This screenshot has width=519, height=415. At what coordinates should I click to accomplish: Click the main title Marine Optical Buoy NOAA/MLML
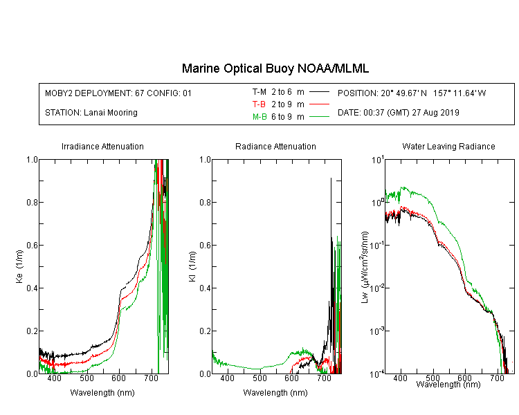pyautogui.click(x=275, y=68)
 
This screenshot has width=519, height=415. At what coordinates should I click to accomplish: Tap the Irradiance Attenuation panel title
pyautogui.click(x=102, y=146)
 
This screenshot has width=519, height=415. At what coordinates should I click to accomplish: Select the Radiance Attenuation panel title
pyautogui.click(x=275, y=146)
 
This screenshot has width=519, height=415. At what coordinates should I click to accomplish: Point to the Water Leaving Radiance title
pyautogui.click(x=448, y=146)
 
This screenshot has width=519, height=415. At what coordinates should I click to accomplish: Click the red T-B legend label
pyautogui.click(x=259, y=104)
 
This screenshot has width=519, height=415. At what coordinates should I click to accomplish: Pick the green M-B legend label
pyautogui.click(x=259, y=117)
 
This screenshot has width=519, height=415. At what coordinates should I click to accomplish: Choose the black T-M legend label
pyautogui.click(x=259, y=92)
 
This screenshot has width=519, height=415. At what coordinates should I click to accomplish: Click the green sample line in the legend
pyautogui.click(x=319, y=117)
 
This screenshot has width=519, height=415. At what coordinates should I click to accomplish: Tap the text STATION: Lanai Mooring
pyautogui.click(x=91, y=113)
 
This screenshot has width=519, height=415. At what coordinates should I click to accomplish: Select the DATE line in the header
pyautogui.click(x=398, y=113)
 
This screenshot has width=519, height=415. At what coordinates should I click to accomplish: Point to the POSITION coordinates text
pyautogui.click(x=412, y=93)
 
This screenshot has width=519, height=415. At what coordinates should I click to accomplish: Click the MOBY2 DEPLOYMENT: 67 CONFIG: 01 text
pyautogui.click(x=118, y=93)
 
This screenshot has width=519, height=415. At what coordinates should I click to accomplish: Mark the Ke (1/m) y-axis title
pyautogui.click(x=19, y=267)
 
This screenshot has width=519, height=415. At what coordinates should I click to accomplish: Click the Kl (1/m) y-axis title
pyautogui.click(x=192, y=267)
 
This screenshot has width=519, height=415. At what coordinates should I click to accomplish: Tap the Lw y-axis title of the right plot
pyautogui.click(x=364, y=267)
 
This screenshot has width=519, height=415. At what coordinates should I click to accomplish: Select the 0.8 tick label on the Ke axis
pyautogui.click(x=33, y=202)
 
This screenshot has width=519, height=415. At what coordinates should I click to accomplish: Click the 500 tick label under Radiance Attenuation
pyautogui.click(x=259, y=378)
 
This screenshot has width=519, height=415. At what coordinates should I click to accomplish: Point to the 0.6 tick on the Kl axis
pyautogui.click(x=206, y=246)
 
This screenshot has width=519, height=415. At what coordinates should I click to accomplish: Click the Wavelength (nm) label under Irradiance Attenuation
pyautogui.click(x=102, y=393)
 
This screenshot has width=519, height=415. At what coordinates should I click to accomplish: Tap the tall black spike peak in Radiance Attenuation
pyautogui.click(x=331, y=178)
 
